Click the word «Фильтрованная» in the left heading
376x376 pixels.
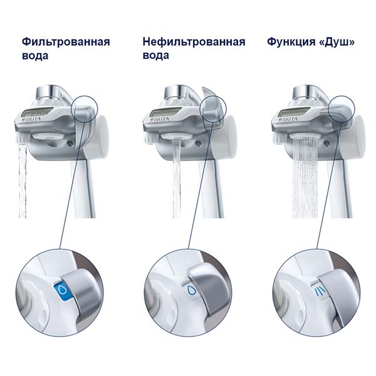66,42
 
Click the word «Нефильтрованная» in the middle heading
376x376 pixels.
194,42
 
